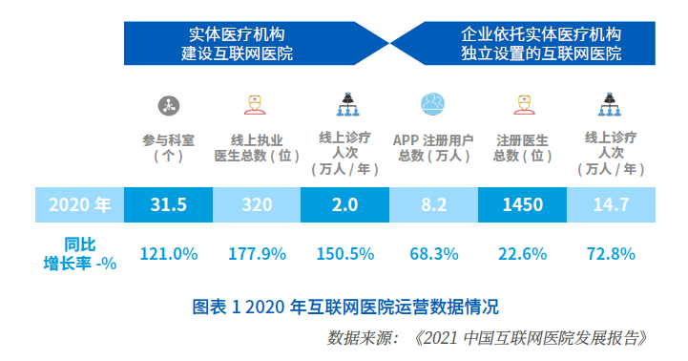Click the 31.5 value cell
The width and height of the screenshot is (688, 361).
[x=169, y=204]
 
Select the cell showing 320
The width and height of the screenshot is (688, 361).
[x=257, y=204]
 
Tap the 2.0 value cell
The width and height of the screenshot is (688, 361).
[x=344, y=204]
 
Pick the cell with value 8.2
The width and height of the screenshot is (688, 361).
[x=433, y=204]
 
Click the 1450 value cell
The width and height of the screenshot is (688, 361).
[x=523, y=204]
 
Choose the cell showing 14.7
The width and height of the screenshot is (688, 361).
[x=612, y=204]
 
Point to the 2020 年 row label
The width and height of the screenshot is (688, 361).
[x=80, y=204]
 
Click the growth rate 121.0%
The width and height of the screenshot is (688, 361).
[x=169, y=254]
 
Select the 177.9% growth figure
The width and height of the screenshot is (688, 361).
[x=257, y=254]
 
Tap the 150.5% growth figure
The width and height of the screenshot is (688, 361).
[x=345, y=254]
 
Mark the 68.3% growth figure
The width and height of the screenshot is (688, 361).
[x=434, y=254]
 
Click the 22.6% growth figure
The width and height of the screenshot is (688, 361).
[x=523, y=254]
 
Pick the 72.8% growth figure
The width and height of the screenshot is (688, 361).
[x=612, y=254]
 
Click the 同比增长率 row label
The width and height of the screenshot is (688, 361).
[x=80, y=254]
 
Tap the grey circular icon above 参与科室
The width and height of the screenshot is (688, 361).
[x=169, y=105]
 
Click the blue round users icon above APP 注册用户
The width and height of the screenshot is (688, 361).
[x=433, y=104]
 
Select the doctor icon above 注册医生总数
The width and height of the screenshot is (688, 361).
[x=524, y=105]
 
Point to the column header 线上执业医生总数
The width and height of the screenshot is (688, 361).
[x=257, y=148]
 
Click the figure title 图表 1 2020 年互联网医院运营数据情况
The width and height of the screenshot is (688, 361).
[x=345, y=307]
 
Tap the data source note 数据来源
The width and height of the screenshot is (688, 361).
[x=487, y=338]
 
